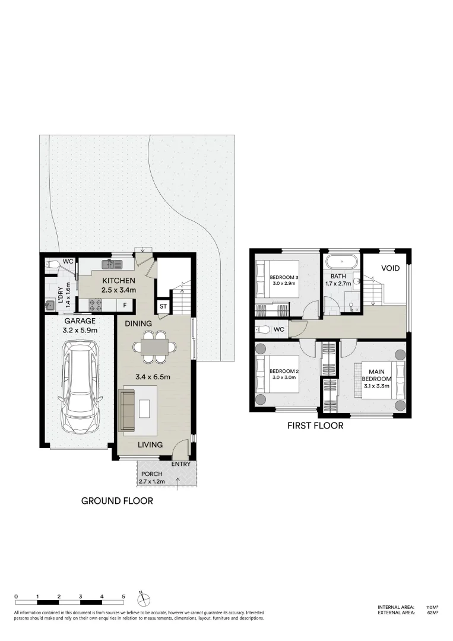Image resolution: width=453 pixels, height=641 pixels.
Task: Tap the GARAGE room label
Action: pyautogui.click(x=80, y=320)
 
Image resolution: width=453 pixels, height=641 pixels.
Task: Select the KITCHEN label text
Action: pyautogui.click(x=119, y=281)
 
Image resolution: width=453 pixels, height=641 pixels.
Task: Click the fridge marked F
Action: pyautogui.click(x=125, y=306)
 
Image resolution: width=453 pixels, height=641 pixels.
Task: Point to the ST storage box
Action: pyautogui.click(x=163, y=307)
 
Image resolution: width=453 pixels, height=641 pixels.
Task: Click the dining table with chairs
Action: pyautogui.click(x=154, y=347)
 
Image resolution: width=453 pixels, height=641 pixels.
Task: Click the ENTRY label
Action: pyautogui.click(x=181, y=464)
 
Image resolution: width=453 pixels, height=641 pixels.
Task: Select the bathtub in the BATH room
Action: pyautogui.click(x=341, y=262)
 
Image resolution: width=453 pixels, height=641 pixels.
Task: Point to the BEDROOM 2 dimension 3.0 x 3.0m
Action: pyautogui.click(x=284, y=377)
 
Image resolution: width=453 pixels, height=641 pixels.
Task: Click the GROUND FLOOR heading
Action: pyautogui.click(x=117, y=501)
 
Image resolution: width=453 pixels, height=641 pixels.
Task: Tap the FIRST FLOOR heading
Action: pyautogui.click(x=315, y=426)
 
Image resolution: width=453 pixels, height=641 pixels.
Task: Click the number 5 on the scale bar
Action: pyautogui.click(x=123, y=596)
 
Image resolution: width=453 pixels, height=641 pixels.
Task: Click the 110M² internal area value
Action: pyautogui.click(x=432, y=607)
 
